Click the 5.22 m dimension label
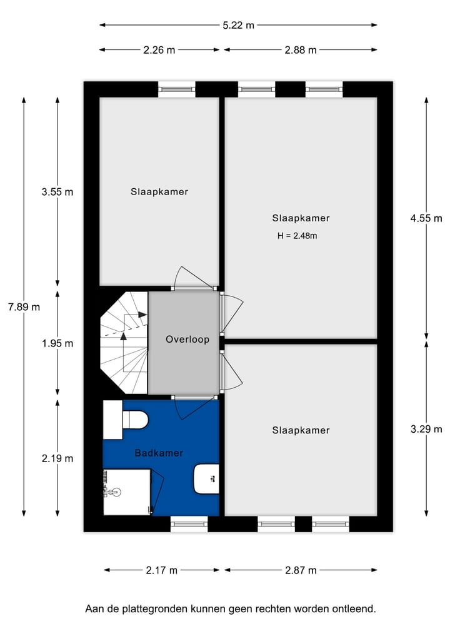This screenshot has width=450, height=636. tap(239, 26)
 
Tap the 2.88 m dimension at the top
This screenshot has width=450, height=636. tap(301, 50)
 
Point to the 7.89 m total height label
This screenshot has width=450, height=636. tap(24, 307)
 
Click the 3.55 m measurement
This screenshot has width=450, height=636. tap(57, 192)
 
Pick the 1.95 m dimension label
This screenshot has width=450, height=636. tap(57, 343)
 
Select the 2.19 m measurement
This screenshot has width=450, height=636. tap(57, 458)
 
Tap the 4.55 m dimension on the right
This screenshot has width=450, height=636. tap(426, 218)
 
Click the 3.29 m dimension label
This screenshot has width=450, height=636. tap(426, 429)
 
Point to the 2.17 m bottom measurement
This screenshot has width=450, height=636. tap(162, 570)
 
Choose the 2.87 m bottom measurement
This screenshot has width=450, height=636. tap(301, 570)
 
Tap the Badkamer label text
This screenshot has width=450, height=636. tap(159, 453)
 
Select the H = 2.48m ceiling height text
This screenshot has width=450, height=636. tap(301, 236)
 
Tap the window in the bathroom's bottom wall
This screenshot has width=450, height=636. tap(189, 524)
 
